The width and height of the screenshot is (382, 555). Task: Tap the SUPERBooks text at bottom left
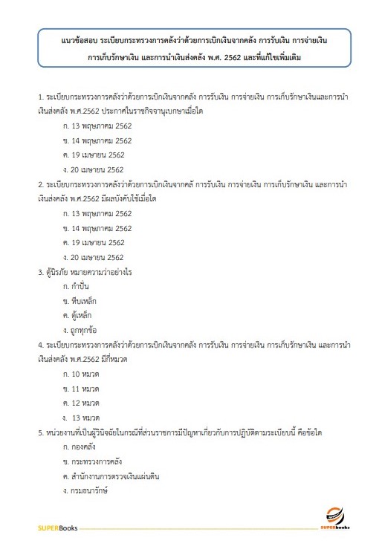(x=56, y=528)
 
